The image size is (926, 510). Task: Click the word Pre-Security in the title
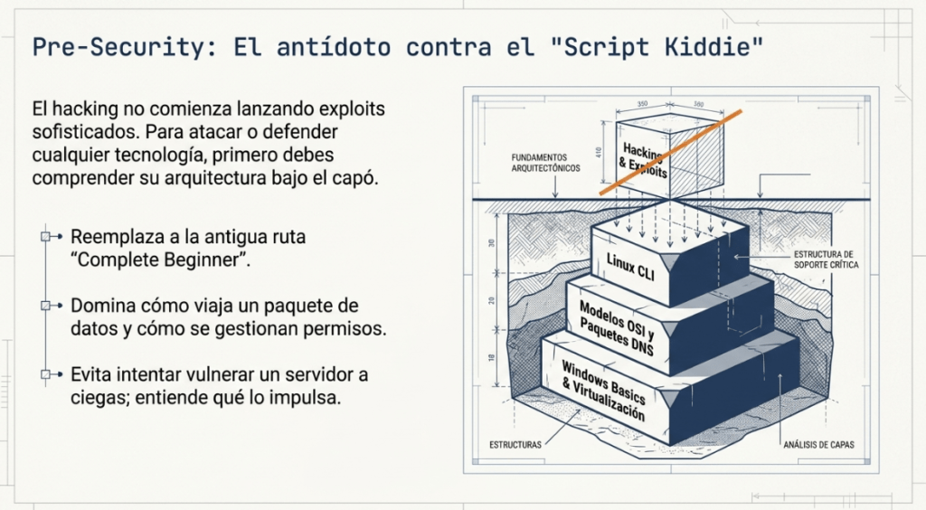(118, 47)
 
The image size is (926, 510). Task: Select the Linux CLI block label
(630, 267)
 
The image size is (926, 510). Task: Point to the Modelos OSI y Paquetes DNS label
(617, 328)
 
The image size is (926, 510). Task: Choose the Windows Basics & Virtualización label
(603, 390)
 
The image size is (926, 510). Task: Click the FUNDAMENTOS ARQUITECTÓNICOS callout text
(545, 163)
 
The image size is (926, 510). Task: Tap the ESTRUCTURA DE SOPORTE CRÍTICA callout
(826, 260)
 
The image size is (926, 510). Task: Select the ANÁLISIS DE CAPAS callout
(818, 445)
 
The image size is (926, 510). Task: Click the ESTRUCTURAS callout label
(515, 445)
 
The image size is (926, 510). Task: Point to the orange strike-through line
(671, 152)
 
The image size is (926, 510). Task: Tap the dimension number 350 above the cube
(642, 104)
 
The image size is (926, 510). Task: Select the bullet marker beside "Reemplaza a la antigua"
(45, 237)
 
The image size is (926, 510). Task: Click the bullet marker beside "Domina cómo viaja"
(45, 306)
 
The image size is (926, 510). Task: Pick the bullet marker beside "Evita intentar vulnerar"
(45, 374)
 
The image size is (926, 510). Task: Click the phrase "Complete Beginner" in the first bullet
(158, 260)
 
